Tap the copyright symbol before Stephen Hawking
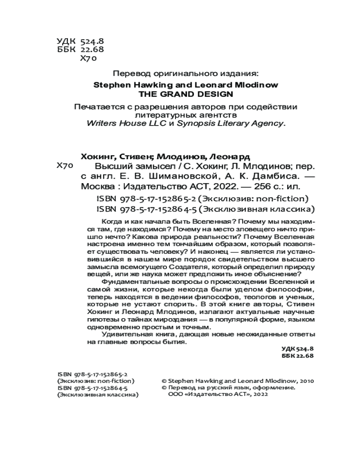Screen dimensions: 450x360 point(164,380)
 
